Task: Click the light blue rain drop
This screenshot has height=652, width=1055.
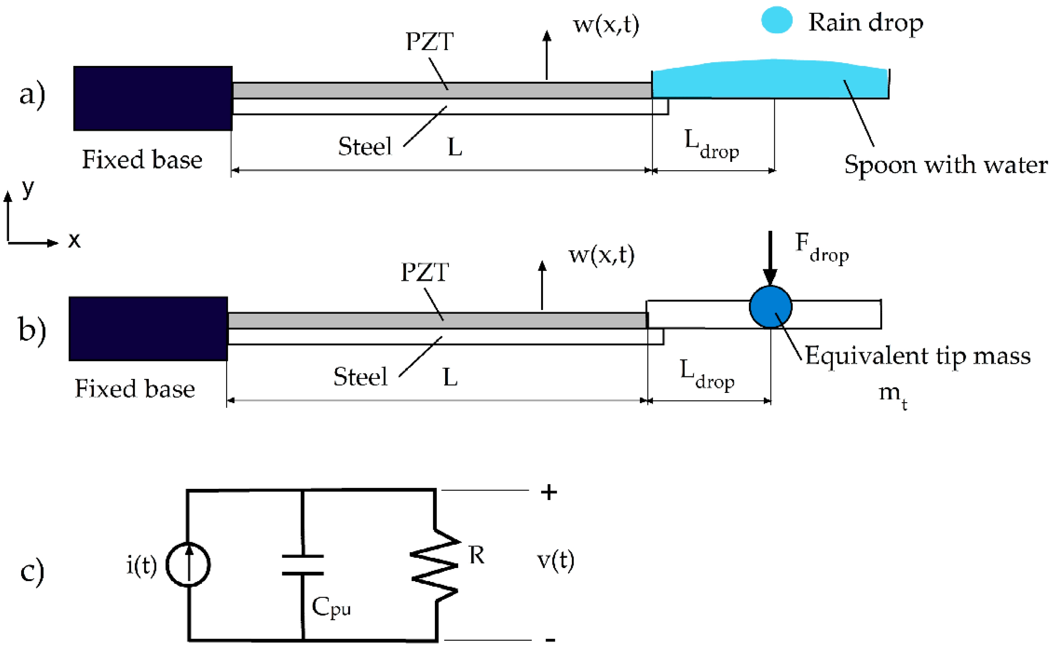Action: tap(776, 20)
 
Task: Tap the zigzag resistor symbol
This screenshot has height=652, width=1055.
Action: tap(435, 565)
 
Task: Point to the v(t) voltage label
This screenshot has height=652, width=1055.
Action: tap(555, 561)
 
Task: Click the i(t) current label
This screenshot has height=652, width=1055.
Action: tap(141, 565)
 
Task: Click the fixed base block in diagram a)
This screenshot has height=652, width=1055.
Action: tap(153, 98)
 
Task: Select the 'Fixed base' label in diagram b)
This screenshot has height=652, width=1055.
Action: tap(135, 389)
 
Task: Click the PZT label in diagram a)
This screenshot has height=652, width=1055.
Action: tap(429, 42)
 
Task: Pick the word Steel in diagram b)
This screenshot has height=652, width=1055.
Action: tap(360, 377)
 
